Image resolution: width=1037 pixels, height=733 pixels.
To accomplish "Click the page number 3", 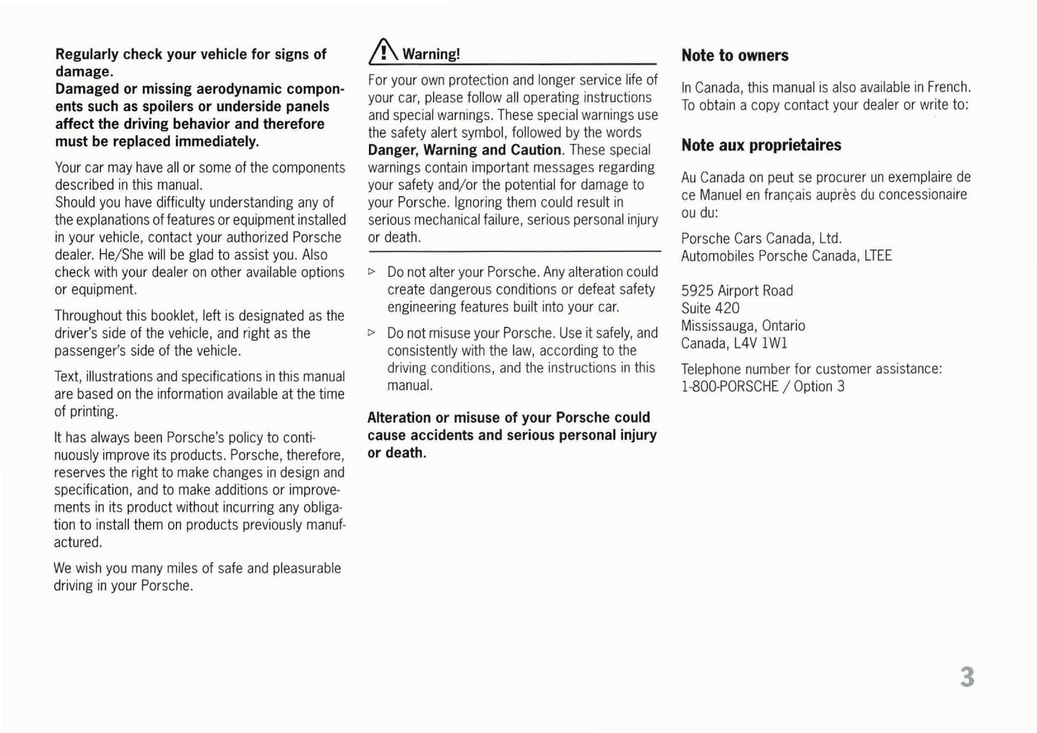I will [x=967, y=676].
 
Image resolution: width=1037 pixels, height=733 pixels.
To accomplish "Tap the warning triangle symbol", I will [x=383, y=52].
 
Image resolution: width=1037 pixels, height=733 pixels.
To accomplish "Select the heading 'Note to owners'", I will [x=735, y=56].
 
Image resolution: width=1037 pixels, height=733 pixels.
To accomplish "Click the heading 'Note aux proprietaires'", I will [x=761, y=146].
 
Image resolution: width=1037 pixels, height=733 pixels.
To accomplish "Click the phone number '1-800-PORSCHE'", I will [x=729, y=387].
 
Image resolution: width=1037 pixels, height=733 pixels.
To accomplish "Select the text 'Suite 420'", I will [x=710, y=308].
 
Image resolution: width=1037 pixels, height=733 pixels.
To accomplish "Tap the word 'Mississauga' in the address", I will [x=719, y=326].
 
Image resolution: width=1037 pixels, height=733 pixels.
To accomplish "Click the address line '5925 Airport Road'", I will [x=737, y=291].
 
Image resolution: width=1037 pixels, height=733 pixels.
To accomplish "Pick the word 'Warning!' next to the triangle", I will [x=431, y=55].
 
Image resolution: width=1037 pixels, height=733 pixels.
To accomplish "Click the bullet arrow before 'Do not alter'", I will [x=371, y=273].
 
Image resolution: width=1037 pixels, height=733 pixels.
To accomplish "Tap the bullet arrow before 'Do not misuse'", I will [x=371, y=334].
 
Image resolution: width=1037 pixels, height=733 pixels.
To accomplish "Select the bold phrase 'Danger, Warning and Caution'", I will [x=464, y=151].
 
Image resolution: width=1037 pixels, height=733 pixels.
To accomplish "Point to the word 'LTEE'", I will [x=878, y=256].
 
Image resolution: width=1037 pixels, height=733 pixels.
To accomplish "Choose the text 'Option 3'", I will [x=819, y=387].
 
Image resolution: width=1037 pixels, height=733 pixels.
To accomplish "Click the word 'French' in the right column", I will [x=947, y=88].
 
